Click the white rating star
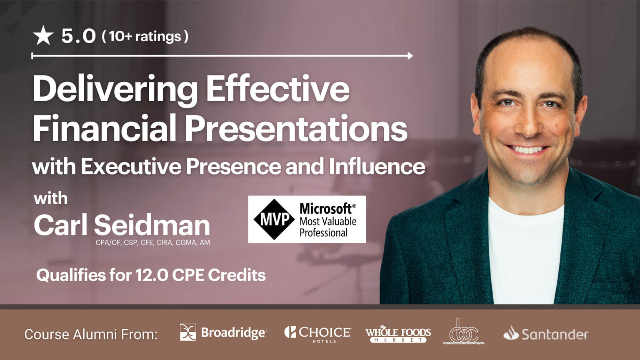coord(43,35)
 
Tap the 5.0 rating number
coord(79,36)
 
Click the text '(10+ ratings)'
coord(145,36)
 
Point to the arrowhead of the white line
coord(410,55)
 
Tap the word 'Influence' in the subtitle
coord(377,166)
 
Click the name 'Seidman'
coord(152,225)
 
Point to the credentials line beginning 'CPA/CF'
coord(152,242)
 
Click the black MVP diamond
coord(274,219)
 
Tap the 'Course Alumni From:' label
coord(91,334)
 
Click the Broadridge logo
coord(223,332)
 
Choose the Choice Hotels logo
coord(317,333)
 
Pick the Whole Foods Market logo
coord(398,334)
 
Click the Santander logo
coord(546,334)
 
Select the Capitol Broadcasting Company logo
coord(463,332)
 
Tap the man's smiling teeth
coord(527,149)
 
